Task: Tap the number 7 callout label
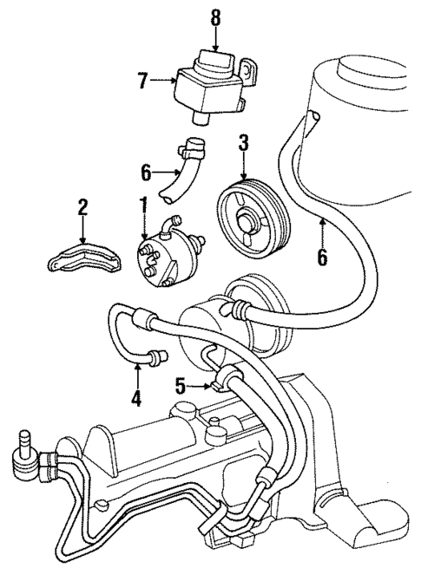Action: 142,81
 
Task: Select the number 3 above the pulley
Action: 244,142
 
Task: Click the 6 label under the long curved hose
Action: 322,258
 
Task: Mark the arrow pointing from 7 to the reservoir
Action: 161,81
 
